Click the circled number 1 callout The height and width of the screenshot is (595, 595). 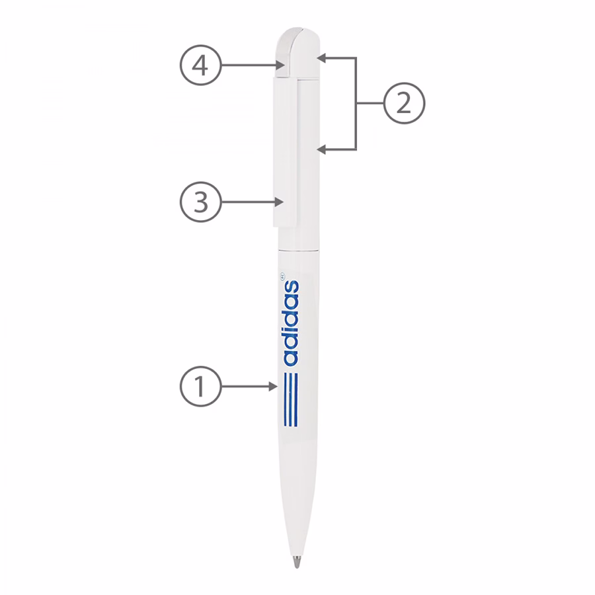click(x=200, y=387)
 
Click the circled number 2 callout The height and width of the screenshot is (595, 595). click(x=404, y=103)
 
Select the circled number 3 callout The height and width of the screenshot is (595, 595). click(x=200, y=202)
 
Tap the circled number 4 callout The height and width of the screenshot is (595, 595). click(x=200, y=65)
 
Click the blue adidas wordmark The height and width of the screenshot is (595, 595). click(x=292, y=323)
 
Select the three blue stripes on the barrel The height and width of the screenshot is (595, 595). click(x=292, y=399)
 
